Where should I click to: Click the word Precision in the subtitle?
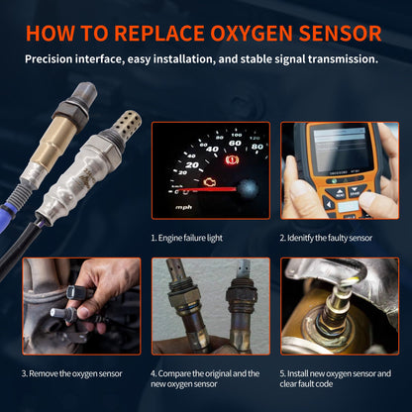tap(52, 59)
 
